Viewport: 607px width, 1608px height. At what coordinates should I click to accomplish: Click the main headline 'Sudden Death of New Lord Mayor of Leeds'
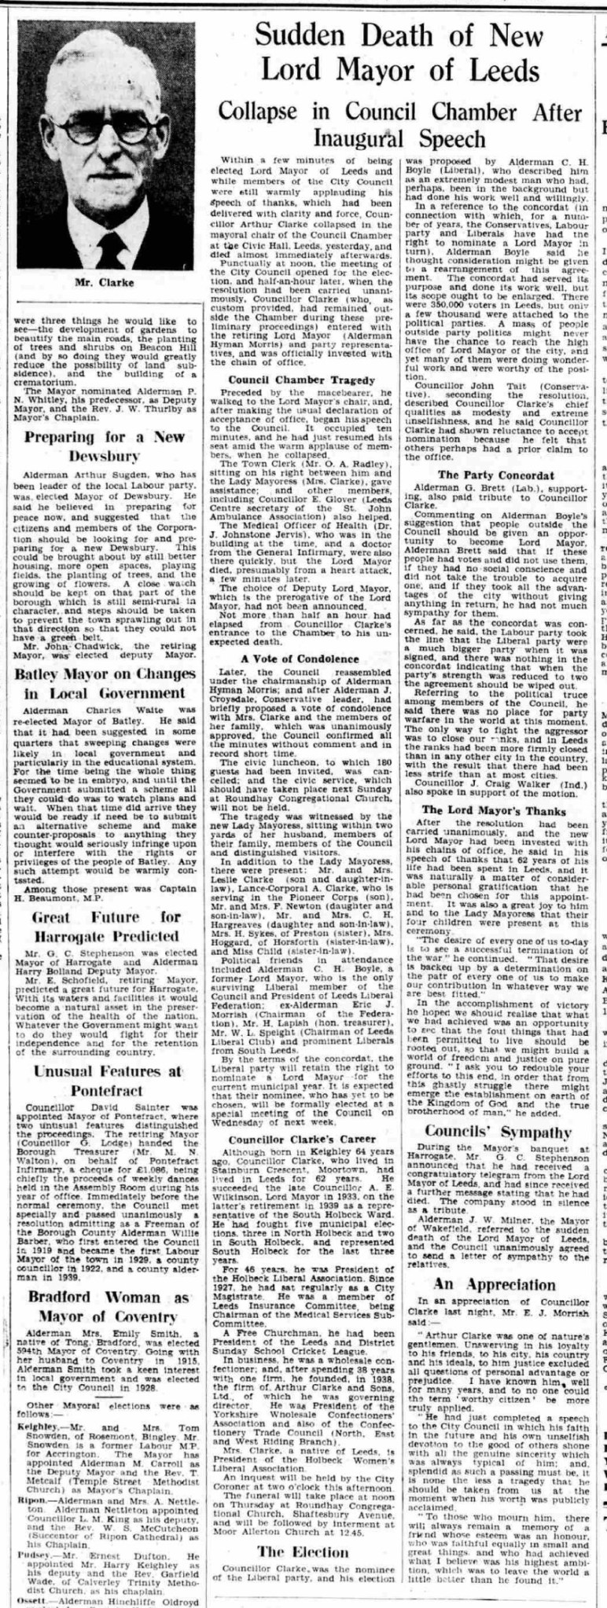(400, 53)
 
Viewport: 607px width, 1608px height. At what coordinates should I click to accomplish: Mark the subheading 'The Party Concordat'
(495, 475)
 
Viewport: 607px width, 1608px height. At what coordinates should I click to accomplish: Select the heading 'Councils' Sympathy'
(498, 1131)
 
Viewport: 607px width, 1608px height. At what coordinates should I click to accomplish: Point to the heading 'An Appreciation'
(498, 1283)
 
